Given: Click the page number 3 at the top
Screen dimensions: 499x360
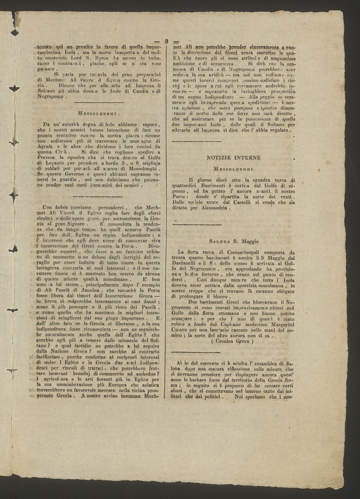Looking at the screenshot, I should click(166, 41).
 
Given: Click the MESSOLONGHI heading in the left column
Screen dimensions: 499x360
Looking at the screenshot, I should click(99, 113).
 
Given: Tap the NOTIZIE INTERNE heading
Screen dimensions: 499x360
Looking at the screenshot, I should click(233, 158).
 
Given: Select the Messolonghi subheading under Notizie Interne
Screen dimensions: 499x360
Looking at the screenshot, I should click(233, 169).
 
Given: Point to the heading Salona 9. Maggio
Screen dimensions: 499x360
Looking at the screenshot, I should click(234, 241).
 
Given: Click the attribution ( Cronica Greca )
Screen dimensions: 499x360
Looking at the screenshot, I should click(233, 341).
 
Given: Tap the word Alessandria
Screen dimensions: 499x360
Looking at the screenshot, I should click(211, 208).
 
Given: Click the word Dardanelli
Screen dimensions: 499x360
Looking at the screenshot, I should click(189, 263).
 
